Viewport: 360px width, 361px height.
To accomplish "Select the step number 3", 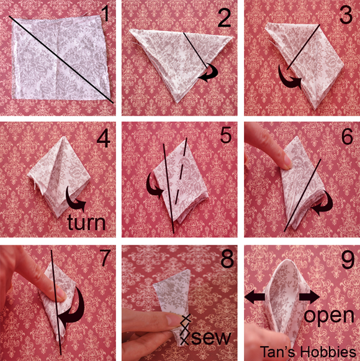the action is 346,14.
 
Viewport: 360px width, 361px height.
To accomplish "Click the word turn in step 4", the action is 86,222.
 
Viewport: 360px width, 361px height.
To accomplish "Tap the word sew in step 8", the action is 211,338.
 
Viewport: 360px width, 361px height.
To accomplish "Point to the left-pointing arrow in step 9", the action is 254,297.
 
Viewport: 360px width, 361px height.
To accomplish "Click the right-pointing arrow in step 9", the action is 309,297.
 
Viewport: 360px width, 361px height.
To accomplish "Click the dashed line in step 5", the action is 181,171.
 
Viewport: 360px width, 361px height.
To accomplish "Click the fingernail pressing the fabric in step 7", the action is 61,294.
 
